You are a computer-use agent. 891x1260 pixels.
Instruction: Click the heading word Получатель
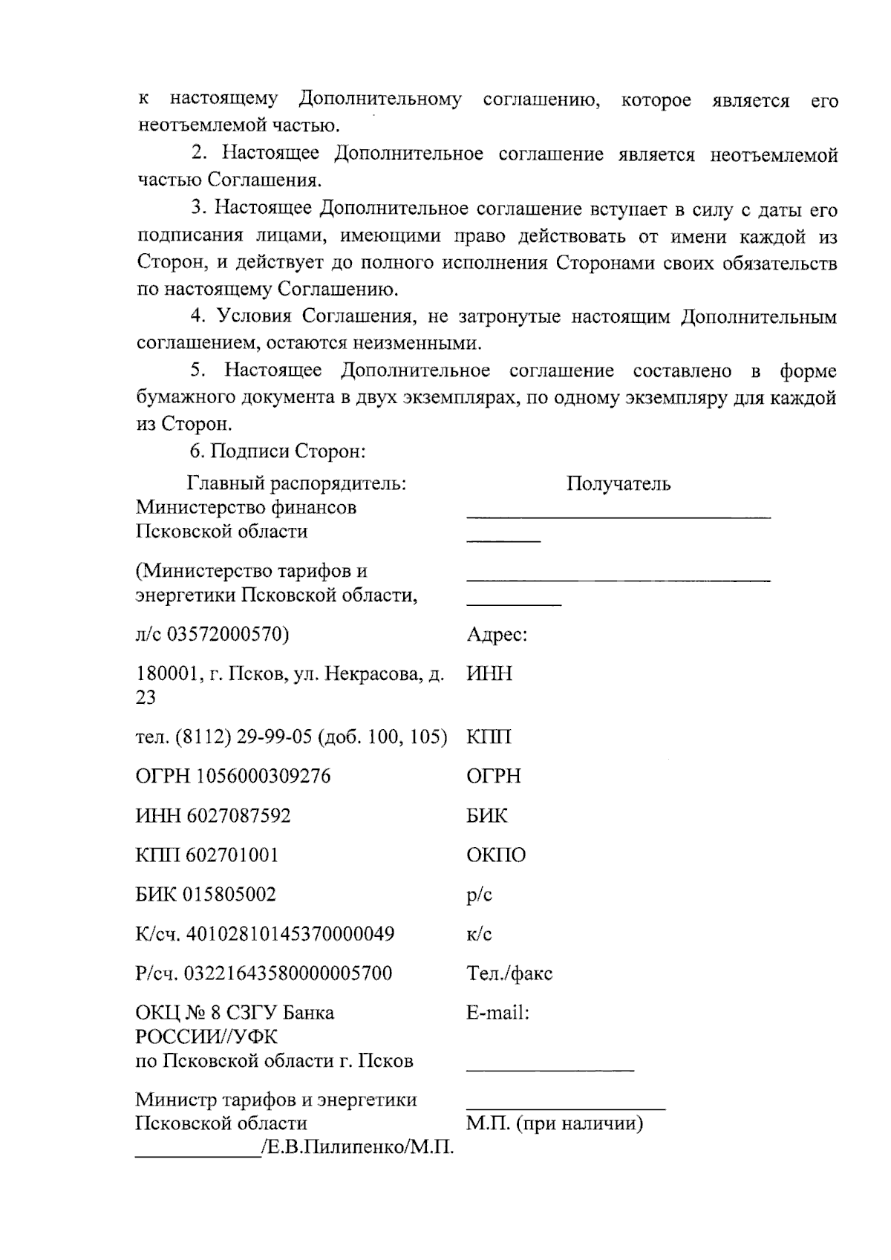coord(619,484)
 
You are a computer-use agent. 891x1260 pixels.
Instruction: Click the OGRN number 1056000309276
coord(264,777)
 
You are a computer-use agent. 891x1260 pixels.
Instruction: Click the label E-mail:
coord(497,1013)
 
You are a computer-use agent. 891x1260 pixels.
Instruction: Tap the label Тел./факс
coord(509,973)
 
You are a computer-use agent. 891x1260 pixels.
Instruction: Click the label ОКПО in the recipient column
coord(496,855)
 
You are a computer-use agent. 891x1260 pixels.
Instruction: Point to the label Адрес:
coord(497,636)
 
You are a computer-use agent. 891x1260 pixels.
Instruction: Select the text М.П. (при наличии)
coord(555,1123)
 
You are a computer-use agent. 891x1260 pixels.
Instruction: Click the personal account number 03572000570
coord(224,636)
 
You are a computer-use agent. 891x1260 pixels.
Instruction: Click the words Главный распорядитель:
coord(296,484)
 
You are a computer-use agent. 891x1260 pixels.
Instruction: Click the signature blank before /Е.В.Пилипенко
coord(197,1151)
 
